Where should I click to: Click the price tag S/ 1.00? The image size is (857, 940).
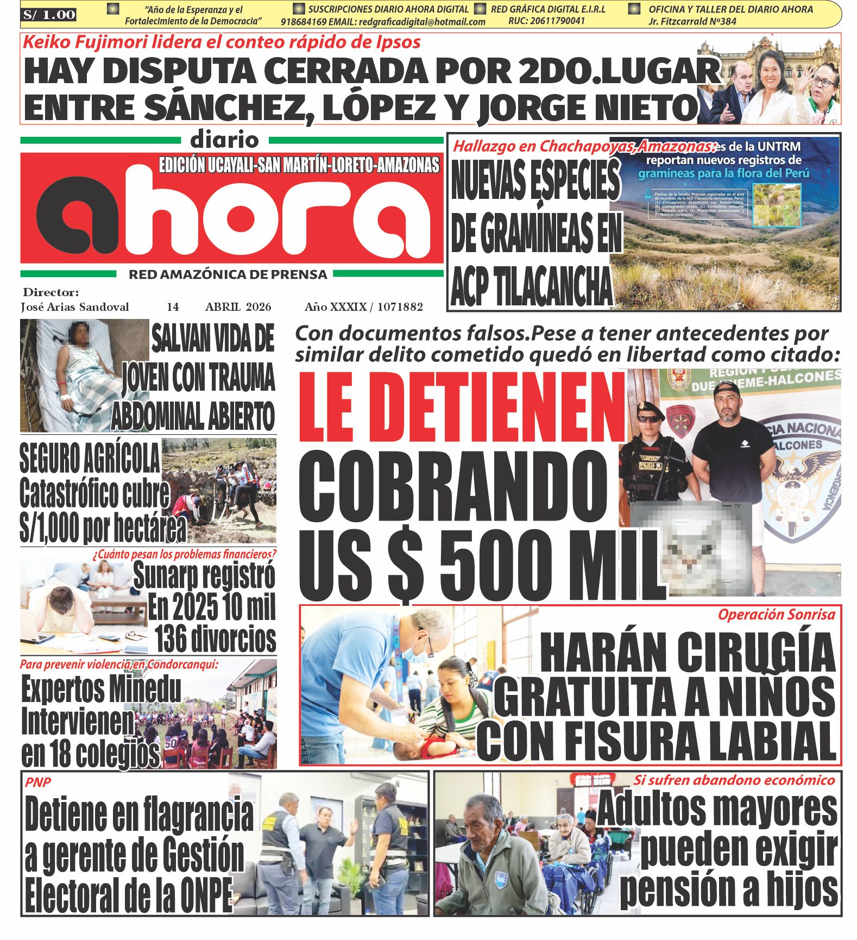tap(49, 15)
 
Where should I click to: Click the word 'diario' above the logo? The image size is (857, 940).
tap(224, 140)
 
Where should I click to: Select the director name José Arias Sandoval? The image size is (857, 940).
tap(75, 307)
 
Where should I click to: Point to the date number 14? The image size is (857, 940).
tap(173, 307)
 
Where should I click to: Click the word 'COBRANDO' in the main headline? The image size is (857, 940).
tap(452, 487)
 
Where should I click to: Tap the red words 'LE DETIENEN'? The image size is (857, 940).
tap(462, 408)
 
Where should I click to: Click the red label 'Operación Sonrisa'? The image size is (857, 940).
tap(776, 615)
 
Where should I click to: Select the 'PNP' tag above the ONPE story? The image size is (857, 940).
tap(38, 782)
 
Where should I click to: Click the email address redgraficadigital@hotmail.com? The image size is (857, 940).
tap(422, 22)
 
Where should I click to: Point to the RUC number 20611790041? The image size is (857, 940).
tap(547, 21)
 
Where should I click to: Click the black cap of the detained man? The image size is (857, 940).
tap(726, 389)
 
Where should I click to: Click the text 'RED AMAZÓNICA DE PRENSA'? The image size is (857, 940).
tap(228, 275)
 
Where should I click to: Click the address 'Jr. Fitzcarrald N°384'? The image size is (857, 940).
tap(692, 22)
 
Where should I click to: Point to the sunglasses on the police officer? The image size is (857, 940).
tap(650, 418)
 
